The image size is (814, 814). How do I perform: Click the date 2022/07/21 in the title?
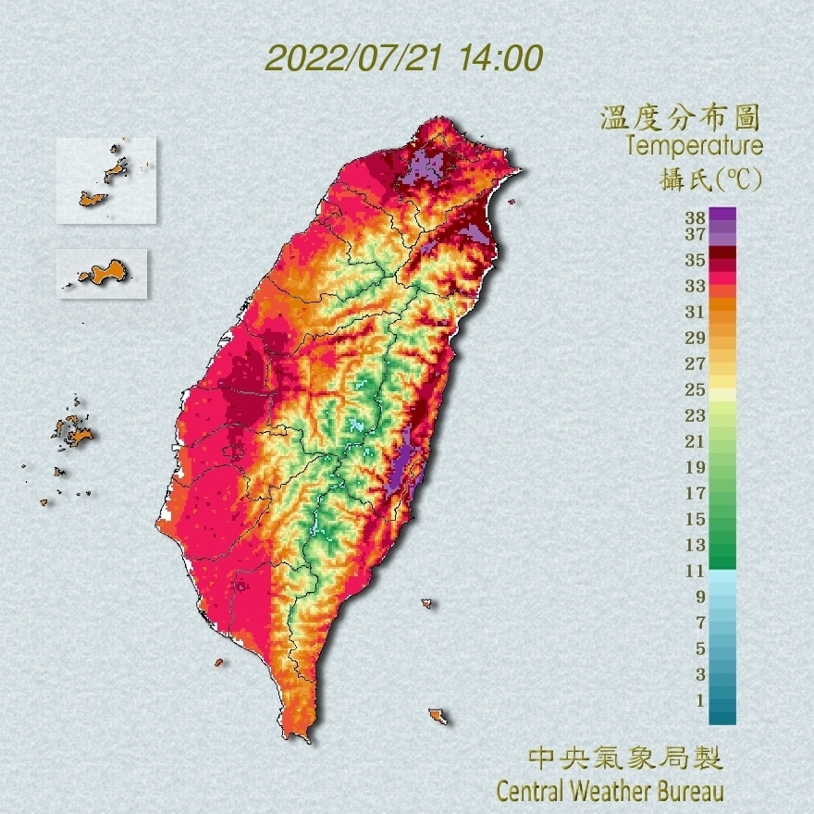click(353, 58)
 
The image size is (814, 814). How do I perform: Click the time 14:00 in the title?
click(497, 58)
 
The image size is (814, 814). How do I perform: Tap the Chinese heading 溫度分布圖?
click(680, 118)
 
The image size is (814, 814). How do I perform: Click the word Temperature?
click(694, 146)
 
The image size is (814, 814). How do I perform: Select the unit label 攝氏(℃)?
click(711, 180)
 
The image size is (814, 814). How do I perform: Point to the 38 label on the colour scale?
click(695, 218)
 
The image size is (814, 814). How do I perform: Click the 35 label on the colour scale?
click(695, 260)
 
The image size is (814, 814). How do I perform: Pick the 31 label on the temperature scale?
click(695, 312)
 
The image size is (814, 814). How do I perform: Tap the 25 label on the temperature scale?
click(695, 389)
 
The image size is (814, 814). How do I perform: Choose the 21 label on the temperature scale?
click(695, 441)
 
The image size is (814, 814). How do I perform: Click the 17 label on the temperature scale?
click(695, 493)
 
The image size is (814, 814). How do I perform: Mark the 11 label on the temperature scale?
click(695, 571)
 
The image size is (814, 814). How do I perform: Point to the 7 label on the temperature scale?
click(700, 623)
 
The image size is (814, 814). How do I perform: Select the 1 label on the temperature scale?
click(700, 700)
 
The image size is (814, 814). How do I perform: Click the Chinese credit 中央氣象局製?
click(624, 759)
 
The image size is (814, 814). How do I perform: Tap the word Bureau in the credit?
click(689, 792)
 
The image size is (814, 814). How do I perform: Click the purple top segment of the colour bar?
click(722, 214)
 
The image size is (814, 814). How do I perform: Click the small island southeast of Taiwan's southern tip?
click(438, 716)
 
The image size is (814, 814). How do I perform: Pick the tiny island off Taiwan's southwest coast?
click(219, 662)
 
